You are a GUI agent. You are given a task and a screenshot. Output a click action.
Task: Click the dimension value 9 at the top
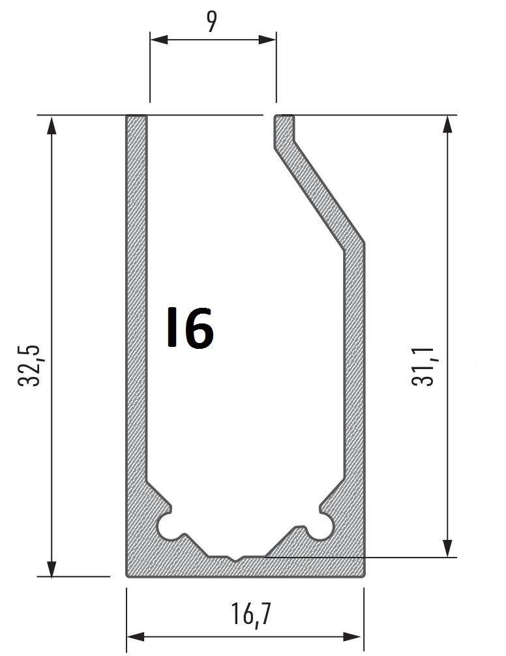click(x=212, y=22)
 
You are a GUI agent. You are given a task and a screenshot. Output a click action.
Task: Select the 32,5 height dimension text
click(x=29, y=366)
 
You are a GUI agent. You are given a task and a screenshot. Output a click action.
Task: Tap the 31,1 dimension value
click(x=423, y=366)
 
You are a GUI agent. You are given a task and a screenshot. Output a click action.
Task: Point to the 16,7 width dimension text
click(x=251, y=614)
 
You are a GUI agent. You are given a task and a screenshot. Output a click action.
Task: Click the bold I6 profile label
click(x=190, y=328)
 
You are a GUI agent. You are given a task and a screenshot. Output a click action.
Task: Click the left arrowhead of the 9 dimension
click(x=159, y=40)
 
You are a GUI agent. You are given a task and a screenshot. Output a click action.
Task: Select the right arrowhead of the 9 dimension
click(x=267, y=40)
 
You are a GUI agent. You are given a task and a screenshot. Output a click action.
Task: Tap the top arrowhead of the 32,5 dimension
click(x=52, y=125)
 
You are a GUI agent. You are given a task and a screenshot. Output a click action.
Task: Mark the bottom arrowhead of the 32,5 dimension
click(x=52, y=568)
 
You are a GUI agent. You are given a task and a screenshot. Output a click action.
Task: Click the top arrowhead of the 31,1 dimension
click(x=447, y=125)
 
